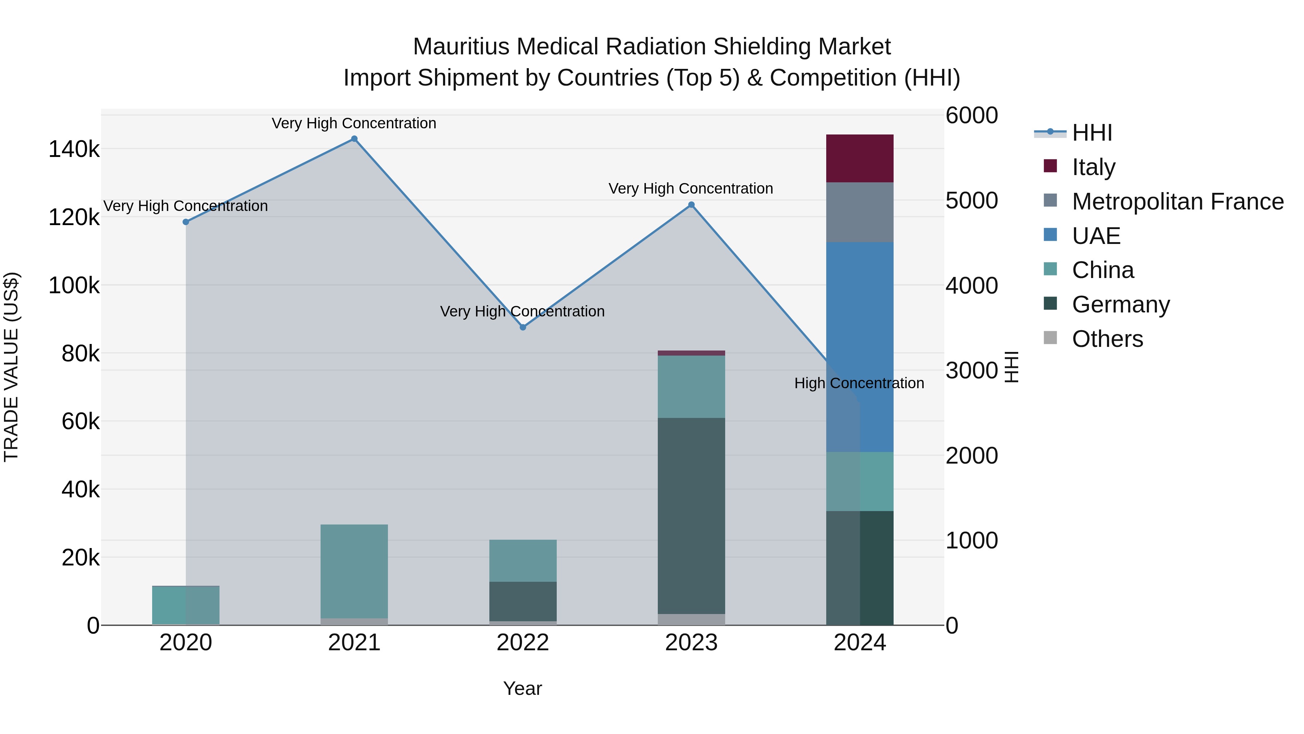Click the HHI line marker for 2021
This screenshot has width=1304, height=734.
354,139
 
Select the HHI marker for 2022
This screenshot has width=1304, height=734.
523,327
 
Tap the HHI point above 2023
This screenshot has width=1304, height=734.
691,205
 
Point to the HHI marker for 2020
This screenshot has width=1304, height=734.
186,222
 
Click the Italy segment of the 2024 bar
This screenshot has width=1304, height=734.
860,158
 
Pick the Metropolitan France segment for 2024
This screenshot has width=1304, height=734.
860,212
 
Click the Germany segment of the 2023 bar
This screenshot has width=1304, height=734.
691,516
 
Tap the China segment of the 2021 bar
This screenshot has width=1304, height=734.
354,571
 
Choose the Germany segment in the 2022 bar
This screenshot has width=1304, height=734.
523,601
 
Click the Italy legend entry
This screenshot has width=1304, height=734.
1094,167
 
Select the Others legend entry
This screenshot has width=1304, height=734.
1107,339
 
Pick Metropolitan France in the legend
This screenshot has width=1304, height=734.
1178,202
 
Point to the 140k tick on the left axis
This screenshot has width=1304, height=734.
74,149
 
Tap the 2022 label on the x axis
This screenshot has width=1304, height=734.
523,643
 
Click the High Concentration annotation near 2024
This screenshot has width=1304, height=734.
859,383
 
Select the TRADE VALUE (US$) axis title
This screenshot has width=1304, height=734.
12,367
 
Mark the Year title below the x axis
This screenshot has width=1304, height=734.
522,688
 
